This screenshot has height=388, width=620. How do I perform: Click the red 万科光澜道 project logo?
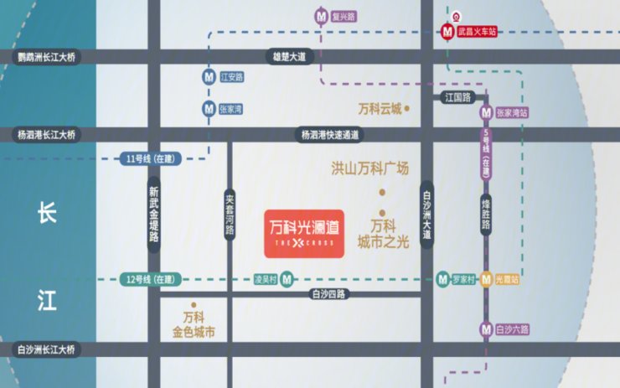click(303, 232)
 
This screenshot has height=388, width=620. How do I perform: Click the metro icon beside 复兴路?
click(321, 16)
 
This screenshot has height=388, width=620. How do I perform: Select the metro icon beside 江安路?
click(209, 77)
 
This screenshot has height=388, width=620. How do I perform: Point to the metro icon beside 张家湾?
click(209, 108)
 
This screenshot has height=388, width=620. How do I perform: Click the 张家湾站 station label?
click(512, 111)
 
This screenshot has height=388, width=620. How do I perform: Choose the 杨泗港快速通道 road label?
click(330, 134)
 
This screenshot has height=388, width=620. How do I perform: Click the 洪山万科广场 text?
click(369, 168)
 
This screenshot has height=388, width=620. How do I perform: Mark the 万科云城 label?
click(380, 109)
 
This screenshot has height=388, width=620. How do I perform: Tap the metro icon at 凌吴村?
click(287, 278)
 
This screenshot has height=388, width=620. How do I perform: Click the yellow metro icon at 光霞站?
click(485, 279)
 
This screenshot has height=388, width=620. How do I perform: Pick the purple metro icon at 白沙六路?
click(485, 329)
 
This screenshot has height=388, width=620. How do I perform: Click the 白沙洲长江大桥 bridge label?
click(46, 349)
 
